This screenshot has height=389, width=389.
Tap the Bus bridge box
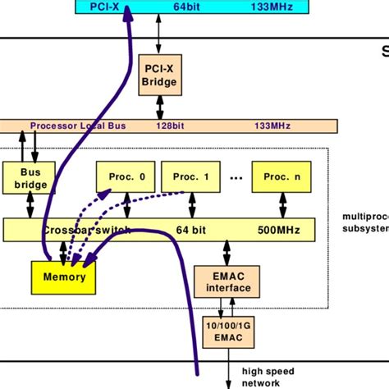tap(30, 179)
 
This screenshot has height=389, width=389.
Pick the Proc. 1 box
tap(190, 176)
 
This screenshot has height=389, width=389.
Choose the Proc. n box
tap(281, 176)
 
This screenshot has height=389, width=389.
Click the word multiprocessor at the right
tap(364, 217)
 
